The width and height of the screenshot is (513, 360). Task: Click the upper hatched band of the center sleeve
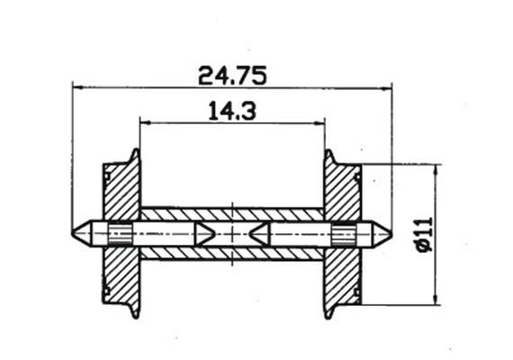[x=232, y=214]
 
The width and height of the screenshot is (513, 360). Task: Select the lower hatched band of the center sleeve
[x=232, y=254]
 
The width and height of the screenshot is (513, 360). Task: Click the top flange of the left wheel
[x=136, y=157]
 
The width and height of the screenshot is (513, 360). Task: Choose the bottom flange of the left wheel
[x=136, y=311]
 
